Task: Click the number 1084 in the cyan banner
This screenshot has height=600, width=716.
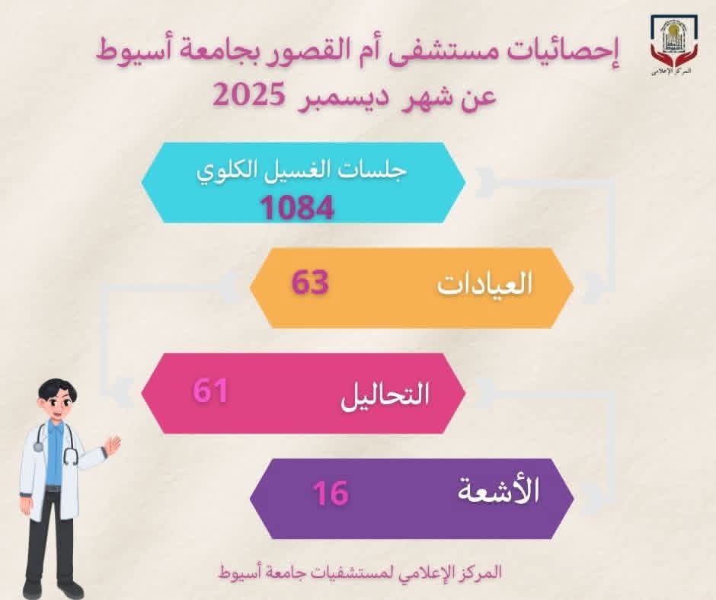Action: (297, 208)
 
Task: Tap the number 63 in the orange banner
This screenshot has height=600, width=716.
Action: (310, 282)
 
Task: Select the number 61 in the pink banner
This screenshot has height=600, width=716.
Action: (210, 391)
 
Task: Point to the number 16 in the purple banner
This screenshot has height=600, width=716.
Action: (331, 493)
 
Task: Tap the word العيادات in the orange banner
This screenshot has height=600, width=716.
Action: (485, 284)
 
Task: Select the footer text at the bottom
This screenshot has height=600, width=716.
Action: (360, 572)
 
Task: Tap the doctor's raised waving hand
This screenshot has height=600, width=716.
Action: (111, 445)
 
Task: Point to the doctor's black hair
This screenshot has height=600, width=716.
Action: (55, 389)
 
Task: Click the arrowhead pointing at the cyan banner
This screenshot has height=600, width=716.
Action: (484, 182)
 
